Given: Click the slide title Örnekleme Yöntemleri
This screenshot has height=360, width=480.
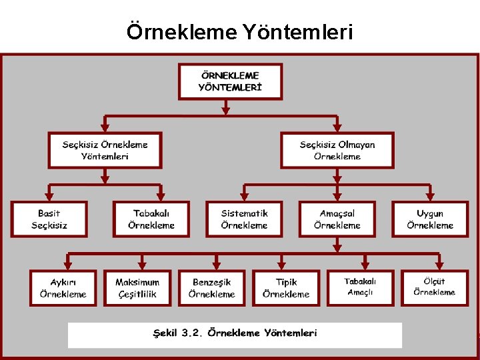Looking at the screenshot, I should point(239,32).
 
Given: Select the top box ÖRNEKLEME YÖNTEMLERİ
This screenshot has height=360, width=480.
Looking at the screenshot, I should point(230,81).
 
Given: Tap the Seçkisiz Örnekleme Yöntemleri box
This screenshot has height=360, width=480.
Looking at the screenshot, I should point(105,150).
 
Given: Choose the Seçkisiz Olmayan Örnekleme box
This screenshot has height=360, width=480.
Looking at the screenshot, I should point(337,150).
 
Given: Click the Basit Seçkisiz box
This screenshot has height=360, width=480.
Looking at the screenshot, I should point(49,219).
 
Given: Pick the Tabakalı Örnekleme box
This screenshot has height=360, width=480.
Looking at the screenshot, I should point(151,219).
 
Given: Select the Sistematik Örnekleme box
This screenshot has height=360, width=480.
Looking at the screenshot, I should point(244,219).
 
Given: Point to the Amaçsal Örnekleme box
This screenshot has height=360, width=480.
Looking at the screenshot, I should point(337,219).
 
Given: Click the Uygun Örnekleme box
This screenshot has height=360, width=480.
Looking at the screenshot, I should point(430,219).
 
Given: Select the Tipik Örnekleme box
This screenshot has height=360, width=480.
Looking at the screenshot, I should point(286,288).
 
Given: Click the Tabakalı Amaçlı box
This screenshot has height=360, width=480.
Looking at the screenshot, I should point(360,287).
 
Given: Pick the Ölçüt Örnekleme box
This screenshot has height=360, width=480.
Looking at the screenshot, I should point(434,287).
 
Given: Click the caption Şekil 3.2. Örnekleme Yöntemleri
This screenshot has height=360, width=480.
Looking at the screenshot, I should point(235,333).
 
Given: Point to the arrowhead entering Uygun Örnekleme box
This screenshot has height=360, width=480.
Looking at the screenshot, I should point(430,197).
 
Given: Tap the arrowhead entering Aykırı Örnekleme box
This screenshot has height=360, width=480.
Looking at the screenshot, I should point(67,265).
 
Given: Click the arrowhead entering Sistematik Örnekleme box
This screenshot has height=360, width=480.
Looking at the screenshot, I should point(244,197).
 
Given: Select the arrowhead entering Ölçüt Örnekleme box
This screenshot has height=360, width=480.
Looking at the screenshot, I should point(438,265).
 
